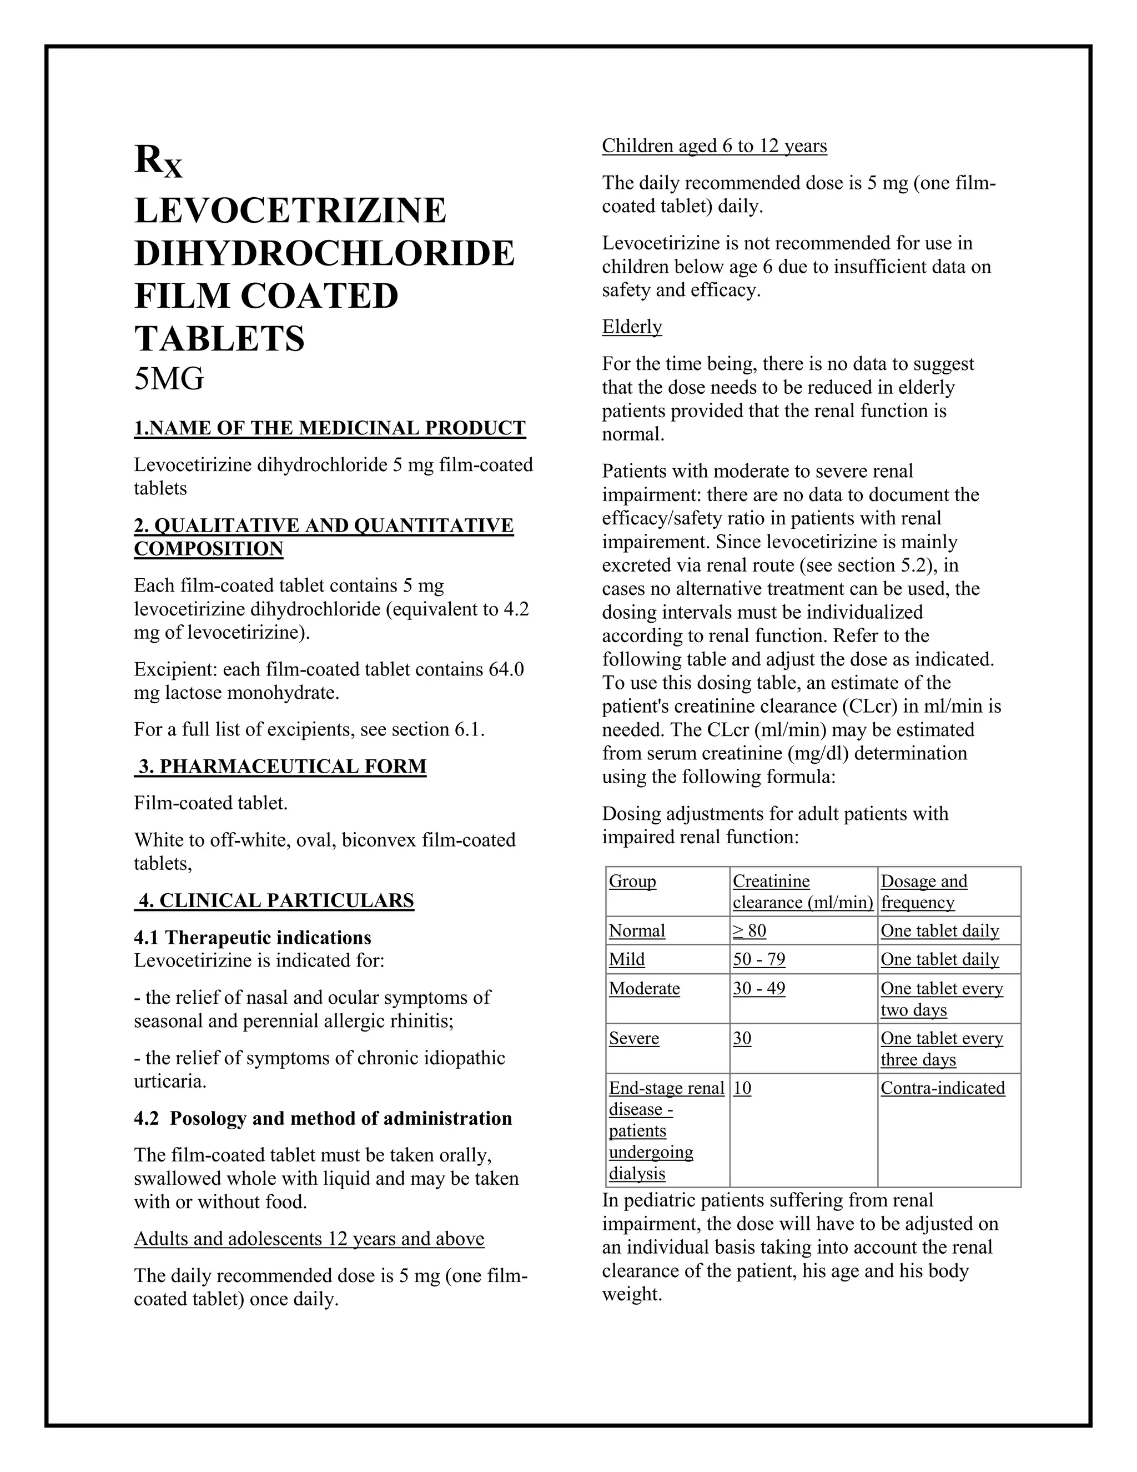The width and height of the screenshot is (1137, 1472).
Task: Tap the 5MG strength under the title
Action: (168, 379)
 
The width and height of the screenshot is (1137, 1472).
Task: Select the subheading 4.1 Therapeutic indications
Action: (252, 938)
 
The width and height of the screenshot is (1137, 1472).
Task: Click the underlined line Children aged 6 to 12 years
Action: (714, 146)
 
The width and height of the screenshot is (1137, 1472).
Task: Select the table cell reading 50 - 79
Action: (758, 959)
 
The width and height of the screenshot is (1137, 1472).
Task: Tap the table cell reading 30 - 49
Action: (758, 988)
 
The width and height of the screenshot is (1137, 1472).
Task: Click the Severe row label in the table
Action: (634, 1038)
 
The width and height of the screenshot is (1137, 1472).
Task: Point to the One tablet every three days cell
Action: (941, 1049)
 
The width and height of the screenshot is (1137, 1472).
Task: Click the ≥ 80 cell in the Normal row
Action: (749, 931)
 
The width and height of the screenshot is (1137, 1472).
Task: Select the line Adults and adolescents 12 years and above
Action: (309, 1239)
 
